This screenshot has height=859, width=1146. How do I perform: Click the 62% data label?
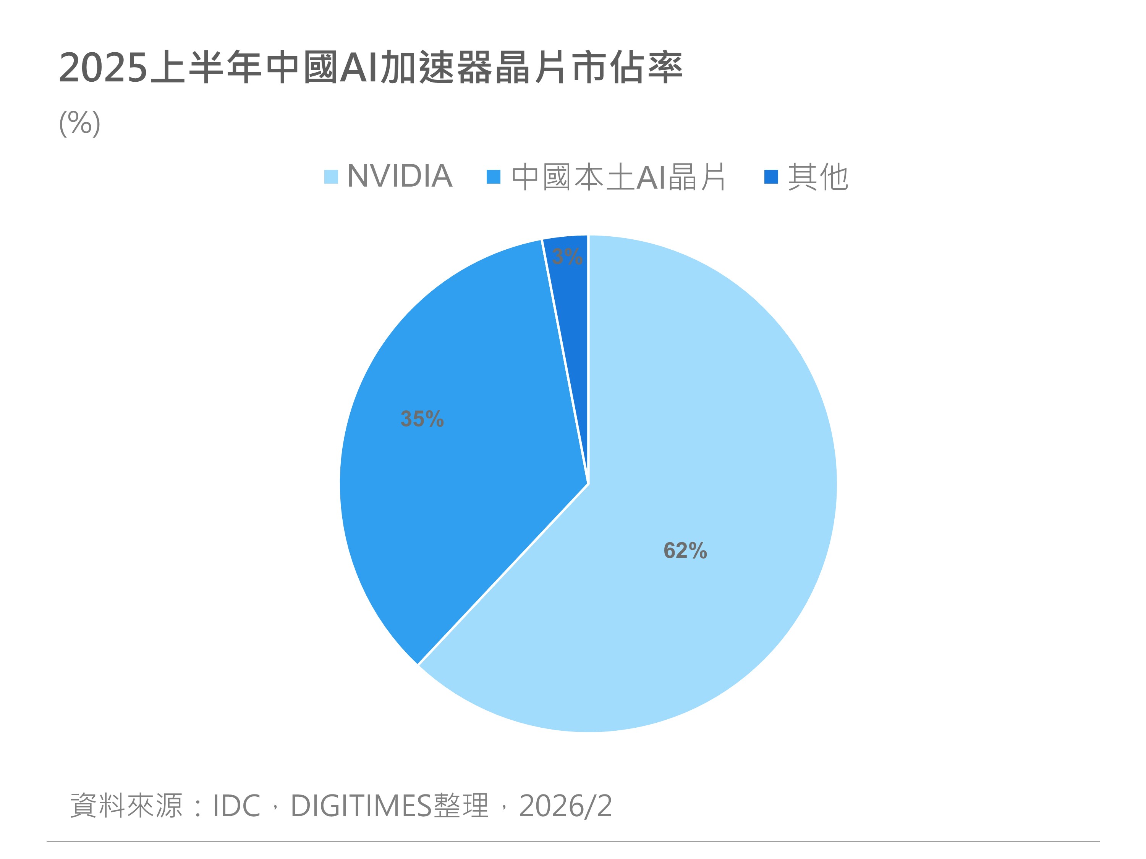pyautogui.click(x=685, y=551)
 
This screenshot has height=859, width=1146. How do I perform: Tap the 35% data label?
pyautogui.click(x=422, y=419)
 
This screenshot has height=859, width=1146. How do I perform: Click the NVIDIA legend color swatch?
pyautogui.click(x=331, y=176)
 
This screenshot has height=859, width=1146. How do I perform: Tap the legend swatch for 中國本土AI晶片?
pyautogui.click(x=493, y=176)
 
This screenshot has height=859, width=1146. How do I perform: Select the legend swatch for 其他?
pyautogui.click(x=771, y=176)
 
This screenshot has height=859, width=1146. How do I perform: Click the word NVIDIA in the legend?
pyautogui.click(x=400, y=176)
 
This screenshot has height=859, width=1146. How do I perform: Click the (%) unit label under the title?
pyautogui.click(x=80, y=123)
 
